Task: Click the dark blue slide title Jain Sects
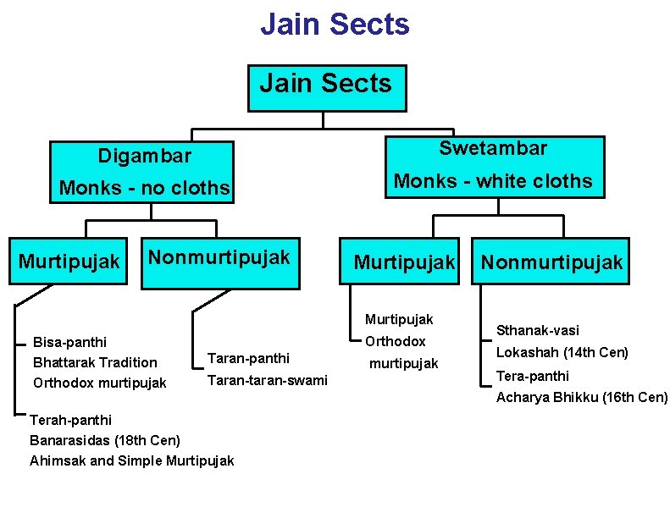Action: coord(335,24)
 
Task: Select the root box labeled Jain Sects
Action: coord(326,86)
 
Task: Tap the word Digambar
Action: coord(145,156)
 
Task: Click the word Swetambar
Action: coord(493,148)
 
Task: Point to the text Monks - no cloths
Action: coord(145,188)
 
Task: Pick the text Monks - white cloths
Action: coord(493,180)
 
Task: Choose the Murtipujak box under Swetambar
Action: coord(404,262)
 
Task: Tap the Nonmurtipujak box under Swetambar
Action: coord(551,262)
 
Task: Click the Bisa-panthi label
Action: coord(69,342)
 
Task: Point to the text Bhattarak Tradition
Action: coord(94,362)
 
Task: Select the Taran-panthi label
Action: coord(248,358)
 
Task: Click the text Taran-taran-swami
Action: coord(267,380)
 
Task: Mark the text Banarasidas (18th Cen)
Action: coord(104,440)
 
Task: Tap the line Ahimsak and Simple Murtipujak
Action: coord(131,460)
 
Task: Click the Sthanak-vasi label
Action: coord(537,330)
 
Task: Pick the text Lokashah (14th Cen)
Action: coord(562,352)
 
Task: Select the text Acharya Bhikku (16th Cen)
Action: coord(581,397)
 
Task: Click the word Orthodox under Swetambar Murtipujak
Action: coord(395,341)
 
